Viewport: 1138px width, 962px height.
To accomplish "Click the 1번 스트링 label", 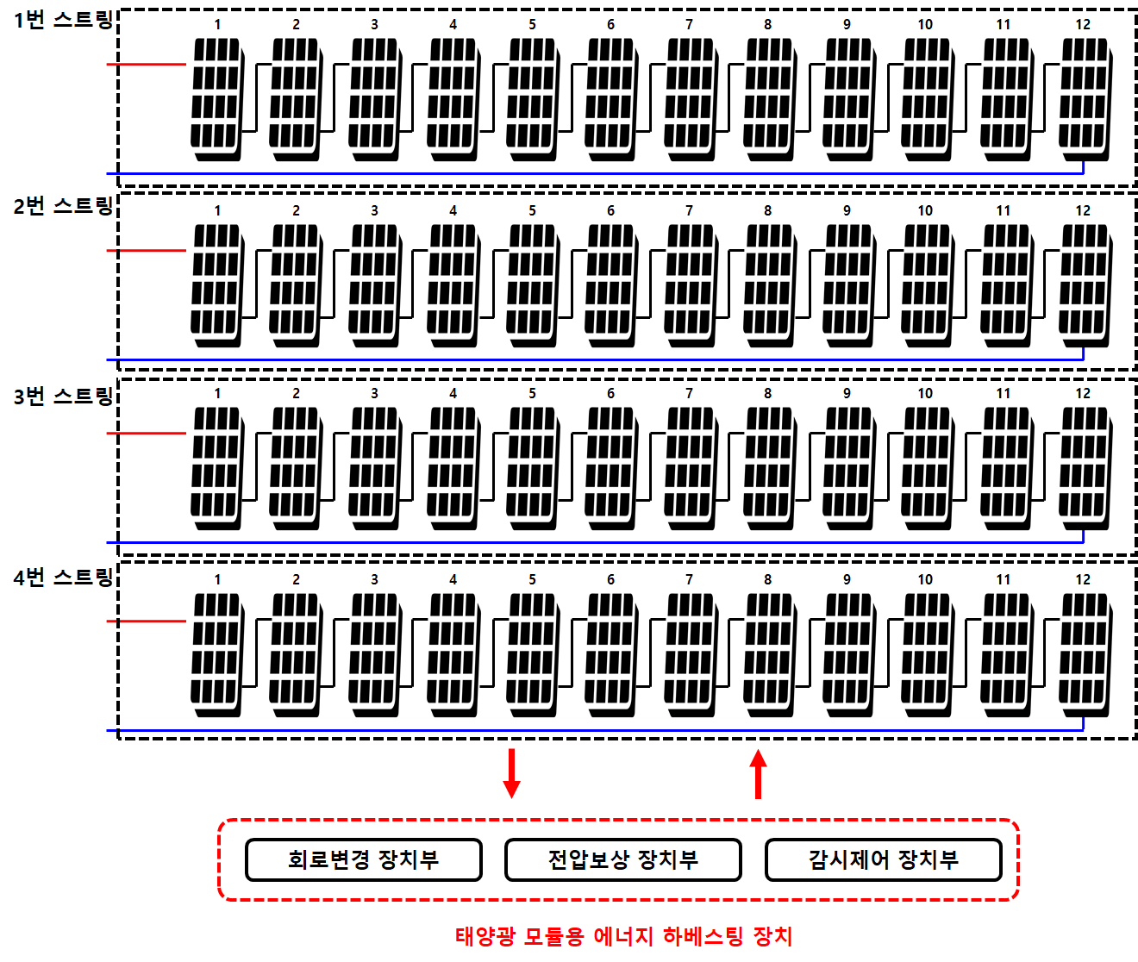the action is [63, 21].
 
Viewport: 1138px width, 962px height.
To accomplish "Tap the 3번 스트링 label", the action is [63, 396].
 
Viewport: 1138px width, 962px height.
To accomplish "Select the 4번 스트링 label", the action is [63, 578].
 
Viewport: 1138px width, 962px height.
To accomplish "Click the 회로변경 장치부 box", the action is [363, 859].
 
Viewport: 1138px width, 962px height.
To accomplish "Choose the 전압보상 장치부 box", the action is [623, 859].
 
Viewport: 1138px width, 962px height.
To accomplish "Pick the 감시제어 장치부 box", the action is [883, 859].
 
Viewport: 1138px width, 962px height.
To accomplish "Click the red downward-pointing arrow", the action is [511, 773].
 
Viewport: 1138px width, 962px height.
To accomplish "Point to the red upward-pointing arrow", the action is [758, 774].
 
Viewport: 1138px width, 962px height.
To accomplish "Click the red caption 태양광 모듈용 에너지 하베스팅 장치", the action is [624, 936].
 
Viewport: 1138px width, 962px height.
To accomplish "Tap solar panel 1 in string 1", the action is [217, 99].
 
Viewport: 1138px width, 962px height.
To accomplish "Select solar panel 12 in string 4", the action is [1085, 654].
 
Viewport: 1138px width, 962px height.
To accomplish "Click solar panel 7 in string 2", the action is [691, 285].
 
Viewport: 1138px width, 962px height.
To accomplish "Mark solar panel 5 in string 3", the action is [533, 468].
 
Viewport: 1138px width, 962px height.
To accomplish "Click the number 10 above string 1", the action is [925, 24].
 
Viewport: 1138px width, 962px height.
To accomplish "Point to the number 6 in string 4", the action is [610, 579].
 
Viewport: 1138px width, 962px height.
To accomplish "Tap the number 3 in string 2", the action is [374, 210].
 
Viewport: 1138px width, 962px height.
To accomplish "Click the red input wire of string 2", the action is [147, 250].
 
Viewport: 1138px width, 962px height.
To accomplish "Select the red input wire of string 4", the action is [147, 622].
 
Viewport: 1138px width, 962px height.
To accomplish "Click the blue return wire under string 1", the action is [595, 173].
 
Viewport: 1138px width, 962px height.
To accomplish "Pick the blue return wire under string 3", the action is [595, 543].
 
